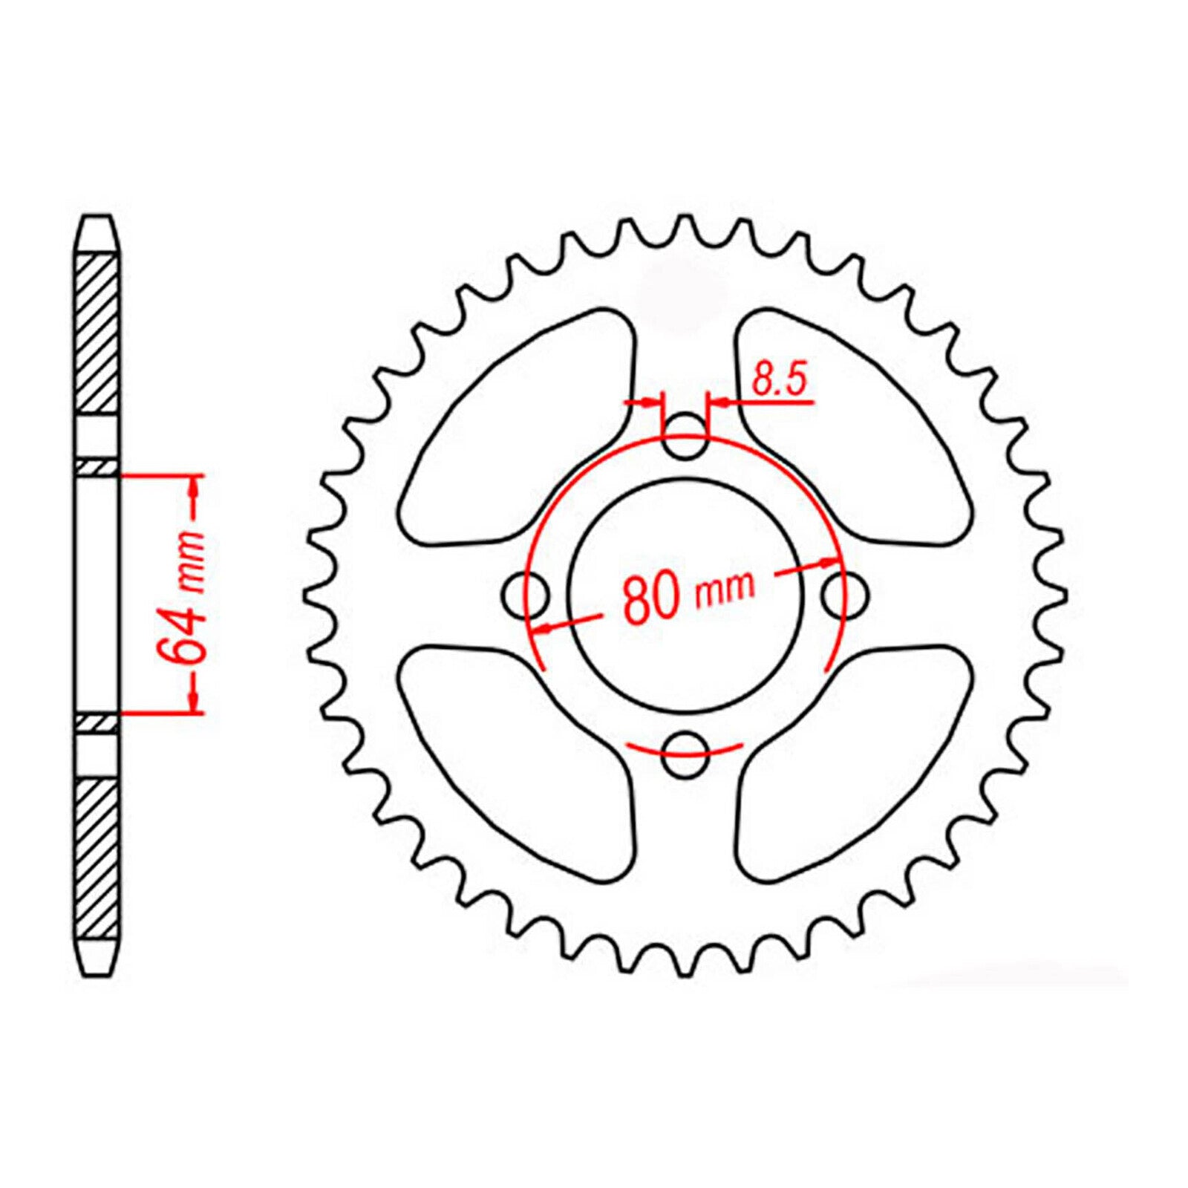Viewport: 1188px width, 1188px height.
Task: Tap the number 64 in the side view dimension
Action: click(180, 636)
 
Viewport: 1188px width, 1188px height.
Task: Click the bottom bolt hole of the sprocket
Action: click(684, 755)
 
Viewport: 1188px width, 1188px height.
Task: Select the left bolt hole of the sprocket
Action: click(525, 595)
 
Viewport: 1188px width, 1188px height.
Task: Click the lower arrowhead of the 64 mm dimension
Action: click(195, 699)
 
